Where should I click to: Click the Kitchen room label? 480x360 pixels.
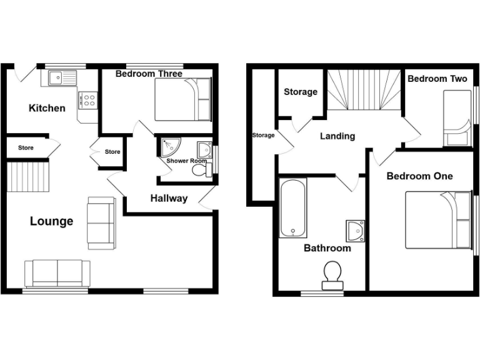pos(47,108)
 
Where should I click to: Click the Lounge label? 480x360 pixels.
pos(51,221)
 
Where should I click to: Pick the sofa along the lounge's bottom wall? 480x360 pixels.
pos(57,273)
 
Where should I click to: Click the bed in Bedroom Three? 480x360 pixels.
pos(183,99)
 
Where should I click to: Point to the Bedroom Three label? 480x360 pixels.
pos(149,74)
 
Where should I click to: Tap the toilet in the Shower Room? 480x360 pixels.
pos(199,169)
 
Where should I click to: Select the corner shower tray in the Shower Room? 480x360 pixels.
pos(167,147)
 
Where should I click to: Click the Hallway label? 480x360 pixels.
pos(169,199)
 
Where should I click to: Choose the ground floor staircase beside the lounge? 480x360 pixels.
pos(27,176)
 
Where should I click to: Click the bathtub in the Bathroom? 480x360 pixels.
pos(292,209)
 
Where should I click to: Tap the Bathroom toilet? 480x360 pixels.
pos(332,276)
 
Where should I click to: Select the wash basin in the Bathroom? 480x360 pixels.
pos(354,231)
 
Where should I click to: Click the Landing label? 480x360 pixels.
pos(337,136)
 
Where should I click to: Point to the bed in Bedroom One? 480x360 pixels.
pos(438,219)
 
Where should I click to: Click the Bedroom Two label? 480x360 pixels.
pos(437,79)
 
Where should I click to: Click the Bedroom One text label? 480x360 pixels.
pos(419,176)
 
